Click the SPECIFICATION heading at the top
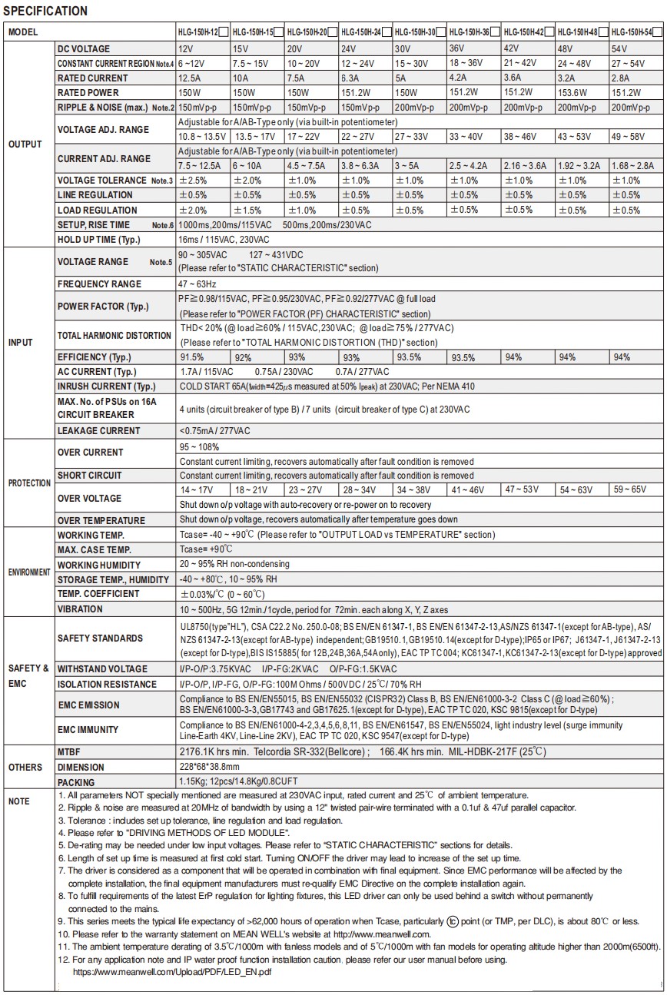click(45, 11)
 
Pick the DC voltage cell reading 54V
click(621, 48)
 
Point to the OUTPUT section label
click(25, 144)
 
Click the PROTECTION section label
click(29, 483)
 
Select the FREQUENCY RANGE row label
click(99, 284)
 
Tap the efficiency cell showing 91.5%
click(192, 357)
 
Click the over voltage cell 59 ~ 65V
click(635, 489)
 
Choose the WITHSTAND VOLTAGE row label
click(102, 669)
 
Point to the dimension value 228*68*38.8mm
click(209, 767)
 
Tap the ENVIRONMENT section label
click(29, 572)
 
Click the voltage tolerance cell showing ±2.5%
click(193, 181)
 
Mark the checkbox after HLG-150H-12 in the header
click(223, 33)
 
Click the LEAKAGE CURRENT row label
click(98, 431)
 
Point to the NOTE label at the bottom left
click(18, 801)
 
